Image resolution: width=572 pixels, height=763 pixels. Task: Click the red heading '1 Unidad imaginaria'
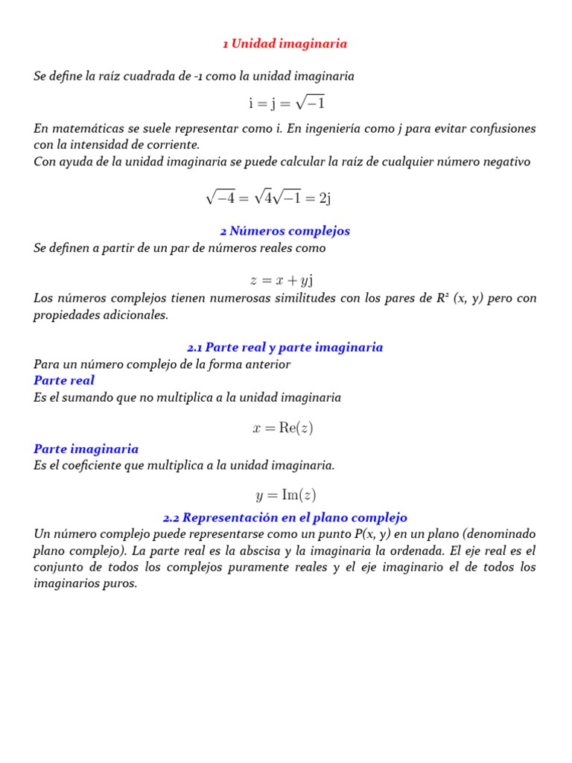pyautogui.click(x=285, y=44)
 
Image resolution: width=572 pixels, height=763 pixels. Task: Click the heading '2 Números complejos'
pyautogui.click(x=285, y=231)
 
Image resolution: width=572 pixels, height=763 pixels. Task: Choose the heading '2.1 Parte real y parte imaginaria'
pyautogui.click(x=285, y=347)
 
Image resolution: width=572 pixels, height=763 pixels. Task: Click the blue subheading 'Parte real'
pyautogui.click(x=64, y=381)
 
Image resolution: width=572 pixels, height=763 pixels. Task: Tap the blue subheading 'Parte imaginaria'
pyautogui.click(x=86, y=449)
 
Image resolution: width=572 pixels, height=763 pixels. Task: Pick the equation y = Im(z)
pyautogui.click(x=285, y=495)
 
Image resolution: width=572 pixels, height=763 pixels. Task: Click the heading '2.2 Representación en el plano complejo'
pyautogui.click(x=285, y=518)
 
